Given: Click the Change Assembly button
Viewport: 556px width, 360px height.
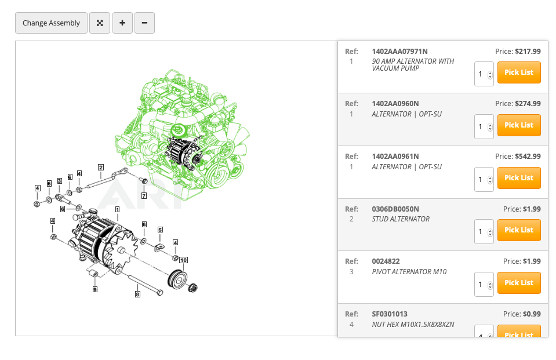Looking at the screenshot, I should coord(51,23).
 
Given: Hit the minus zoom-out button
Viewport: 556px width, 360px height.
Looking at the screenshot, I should coord(144,23).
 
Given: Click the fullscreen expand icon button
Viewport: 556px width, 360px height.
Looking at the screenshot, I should coord(100,23).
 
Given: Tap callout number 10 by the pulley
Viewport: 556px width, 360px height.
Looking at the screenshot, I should coord(183,260).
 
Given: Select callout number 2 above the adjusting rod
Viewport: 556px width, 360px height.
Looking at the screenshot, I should coord(100,168).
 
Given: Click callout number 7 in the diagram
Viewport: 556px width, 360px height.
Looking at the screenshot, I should coord(144,195).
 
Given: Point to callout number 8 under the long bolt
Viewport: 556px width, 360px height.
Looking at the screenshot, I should coord(137,294).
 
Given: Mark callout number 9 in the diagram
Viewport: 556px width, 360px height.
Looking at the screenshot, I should coord(95,289).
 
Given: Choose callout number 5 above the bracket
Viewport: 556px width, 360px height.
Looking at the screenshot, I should coord(160,230).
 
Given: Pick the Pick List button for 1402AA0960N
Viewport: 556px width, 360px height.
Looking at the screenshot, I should coord(519,125).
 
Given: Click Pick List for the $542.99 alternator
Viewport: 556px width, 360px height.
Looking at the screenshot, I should coord(519,178).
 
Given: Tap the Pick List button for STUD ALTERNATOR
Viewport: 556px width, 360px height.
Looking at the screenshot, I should coord(519,230).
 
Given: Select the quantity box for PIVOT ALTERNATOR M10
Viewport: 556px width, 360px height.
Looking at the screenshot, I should coord(484,284).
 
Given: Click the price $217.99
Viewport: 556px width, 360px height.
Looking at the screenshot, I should coord(528,51).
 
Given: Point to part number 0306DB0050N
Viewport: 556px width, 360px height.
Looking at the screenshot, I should coord(395,209).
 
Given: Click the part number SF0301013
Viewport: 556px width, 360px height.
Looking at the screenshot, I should coord(390,314).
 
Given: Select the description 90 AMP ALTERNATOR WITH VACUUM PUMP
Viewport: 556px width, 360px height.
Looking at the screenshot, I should coord(413,64).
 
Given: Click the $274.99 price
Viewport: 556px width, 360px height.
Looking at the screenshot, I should coord(528,104).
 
